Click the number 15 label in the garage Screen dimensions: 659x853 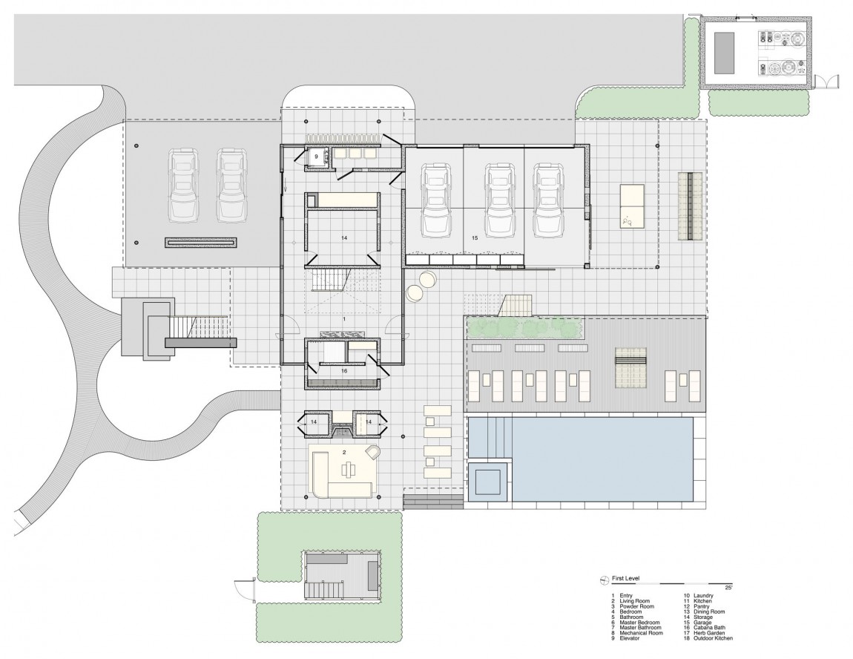(x=475, y=239)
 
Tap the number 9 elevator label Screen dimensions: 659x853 (x=316, y=157)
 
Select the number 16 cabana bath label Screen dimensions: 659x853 (x=344, y=370)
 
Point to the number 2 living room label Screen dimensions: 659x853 (x=344, y=451)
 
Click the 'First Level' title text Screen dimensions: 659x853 (x=626, y=579)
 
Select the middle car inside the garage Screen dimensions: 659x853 (x=500, y=200)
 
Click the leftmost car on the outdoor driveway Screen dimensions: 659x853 (x=184, y=186)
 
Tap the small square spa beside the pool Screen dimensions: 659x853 (x=488, y=481)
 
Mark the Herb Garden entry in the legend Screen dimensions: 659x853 (x=705, y=633)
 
